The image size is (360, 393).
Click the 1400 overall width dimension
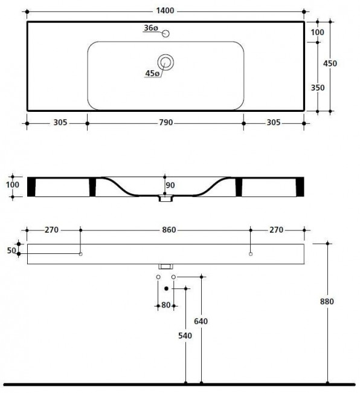coord(166,10)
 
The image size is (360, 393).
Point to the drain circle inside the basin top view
coord(166,61)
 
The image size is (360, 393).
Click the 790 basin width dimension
coord(166,123)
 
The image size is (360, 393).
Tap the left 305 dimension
coord(59,123)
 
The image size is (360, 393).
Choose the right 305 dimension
coord(273,123)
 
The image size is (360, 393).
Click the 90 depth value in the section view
coord(170,185)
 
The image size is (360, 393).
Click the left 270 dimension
coord(51,230)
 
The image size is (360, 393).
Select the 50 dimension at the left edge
coord(10,249)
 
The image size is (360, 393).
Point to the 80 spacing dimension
coord(166,305)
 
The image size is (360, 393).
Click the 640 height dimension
coord(201,321)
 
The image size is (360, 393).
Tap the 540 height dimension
coord(185,336)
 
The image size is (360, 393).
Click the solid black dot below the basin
coord(166,288)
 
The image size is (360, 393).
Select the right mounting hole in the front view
coord(251,255)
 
